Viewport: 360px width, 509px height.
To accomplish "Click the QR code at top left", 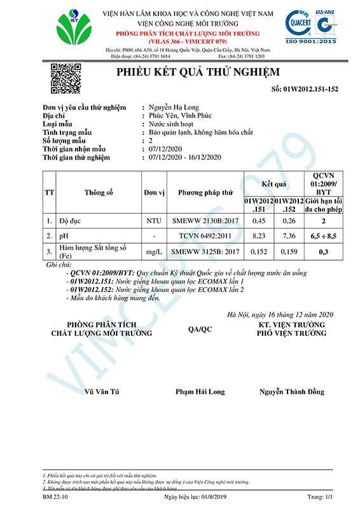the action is point(60,76).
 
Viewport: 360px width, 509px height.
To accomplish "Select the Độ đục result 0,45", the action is point(259,221).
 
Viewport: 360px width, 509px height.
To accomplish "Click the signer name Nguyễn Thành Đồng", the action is point(291,391).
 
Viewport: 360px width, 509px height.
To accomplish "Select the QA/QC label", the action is point(201,329).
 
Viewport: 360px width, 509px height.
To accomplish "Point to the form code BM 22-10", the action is point(58,495).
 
